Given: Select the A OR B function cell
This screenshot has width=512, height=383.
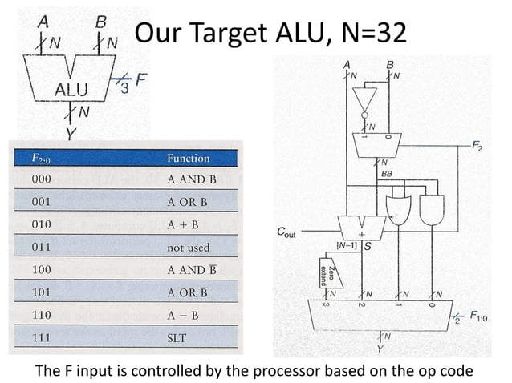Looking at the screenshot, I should point(187,202).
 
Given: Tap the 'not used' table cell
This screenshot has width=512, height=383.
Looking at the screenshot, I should point(187,248).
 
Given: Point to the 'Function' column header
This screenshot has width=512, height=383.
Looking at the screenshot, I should point(188,158).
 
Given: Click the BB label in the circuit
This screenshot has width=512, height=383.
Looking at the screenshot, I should point(387,172).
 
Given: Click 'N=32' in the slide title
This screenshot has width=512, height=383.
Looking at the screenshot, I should point(368,33).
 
